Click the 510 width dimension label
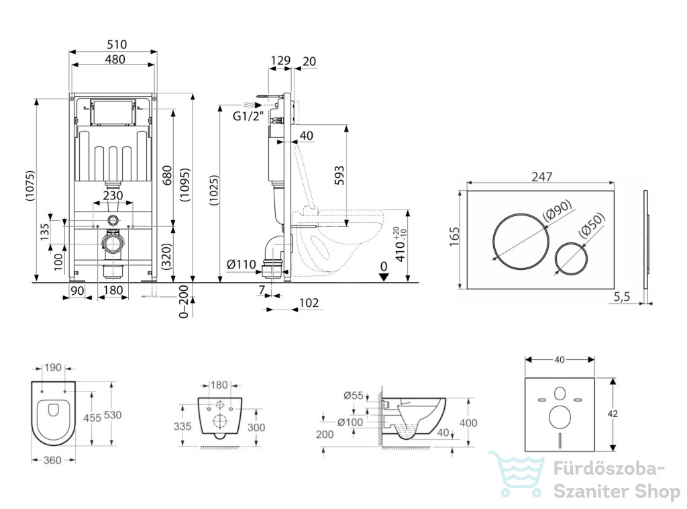pyautogui.click(x=117, y=44)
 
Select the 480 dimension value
pyautogui.click(x=115, y=59)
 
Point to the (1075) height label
pyautogui.click(x=30, y=185)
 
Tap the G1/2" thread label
pyautogui.click(x=248, y=116)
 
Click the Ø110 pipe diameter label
pyautogui.click(x=242, y=265)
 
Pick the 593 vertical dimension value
pyautogui.click(x=339, y=175)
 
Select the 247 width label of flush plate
pyautogui.click(x=542, y=176)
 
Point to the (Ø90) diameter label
pyautogui.click(x=558, y=210)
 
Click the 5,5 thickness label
pyautogui.click(x=621, y=297)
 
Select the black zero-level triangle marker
pyautogui.click(x=384, y=277)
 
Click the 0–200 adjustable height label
pyautogui.click(x=183, y=302)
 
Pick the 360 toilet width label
pyautogui.click(x=52, y=461)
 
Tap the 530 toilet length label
pyautogui.click(x=113, y=415)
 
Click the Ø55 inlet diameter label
pyautogui.click(x=354, y=396)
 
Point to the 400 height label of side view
pyautogui.click(x=468, y=423)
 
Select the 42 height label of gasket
pyautogui.click(x=613, y=414)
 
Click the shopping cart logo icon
pyautogui.click(x=516, y=474)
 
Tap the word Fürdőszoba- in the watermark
pyautogui.click(x=609, y=469)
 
